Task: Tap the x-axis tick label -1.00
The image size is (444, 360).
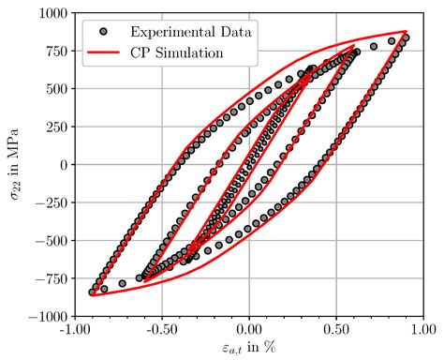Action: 76,331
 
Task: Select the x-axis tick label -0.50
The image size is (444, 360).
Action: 162,331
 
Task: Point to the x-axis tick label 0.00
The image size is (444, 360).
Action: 249,331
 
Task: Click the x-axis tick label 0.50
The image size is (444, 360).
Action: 335,331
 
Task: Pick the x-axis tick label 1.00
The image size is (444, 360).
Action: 422,331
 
